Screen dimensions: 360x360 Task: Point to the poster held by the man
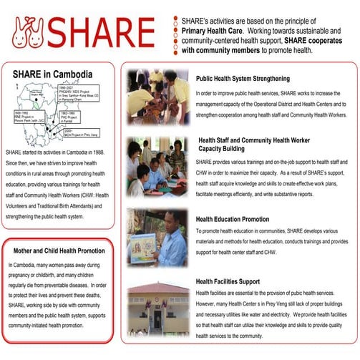[x=142, y=248]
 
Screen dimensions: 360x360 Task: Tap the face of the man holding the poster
[x=170, y=220]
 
